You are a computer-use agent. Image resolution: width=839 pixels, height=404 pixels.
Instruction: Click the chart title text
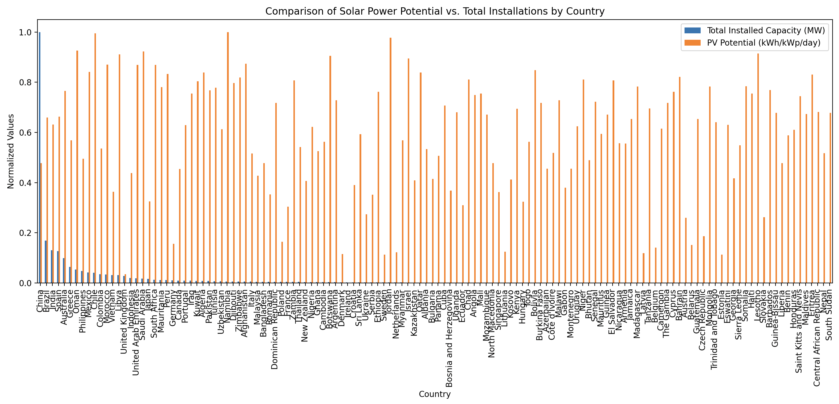coord(434,11)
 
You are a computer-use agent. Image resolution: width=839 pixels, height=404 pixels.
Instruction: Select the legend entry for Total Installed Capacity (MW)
coord(766,31)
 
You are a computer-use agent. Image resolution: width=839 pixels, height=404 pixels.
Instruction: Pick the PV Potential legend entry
coord(764,43)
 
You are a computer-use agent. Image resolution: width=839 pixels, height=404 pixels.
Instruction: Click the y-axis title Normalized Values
coord(11,151)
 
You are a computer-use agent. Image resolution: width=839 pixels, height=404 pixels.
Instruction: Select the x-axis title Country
coord(434,394)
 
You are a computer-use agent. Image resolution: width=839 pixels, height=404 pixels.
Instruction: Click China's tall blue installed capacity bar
coord(40,156)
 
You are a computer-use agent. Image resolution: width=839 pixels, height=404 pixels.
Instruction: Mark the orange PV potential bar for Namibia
coord(228,156)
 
